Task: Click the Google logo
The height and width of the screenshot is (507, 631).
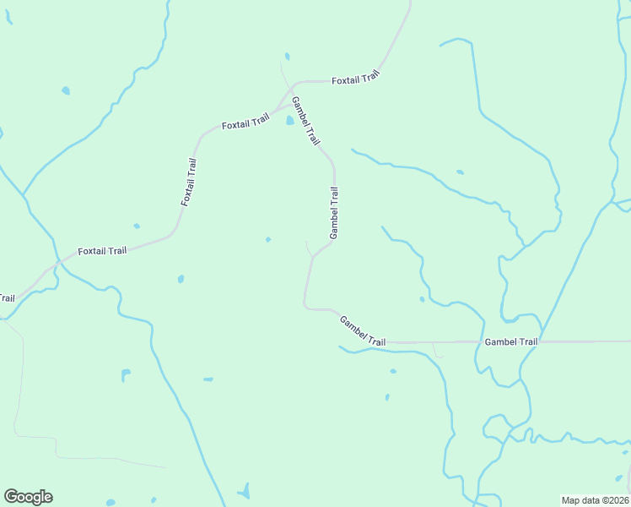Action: point(28,497)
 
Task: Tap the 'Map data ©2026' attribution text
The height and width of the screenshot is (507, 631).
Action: point(594,500)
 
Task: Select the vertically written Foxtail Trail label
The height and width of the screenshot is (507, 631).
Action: point(188,183)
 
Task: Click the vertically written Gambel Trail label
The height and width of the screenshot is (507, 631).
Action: point(335,211)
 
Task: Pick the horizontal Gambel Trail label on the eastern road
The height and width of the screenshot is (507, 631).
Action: point(511,342)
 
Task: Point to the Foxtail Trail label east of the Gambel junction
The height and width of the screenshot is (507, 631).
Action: point(356,79)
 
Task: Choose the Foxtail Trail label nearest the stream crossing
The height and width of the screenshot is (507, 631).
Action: point(102,251)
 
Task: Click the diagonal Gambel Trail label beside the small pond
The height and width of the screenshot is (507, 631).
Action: point(305,121)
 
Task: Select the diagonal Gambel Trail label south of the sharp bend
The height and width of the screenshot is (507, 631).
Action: point(363,330)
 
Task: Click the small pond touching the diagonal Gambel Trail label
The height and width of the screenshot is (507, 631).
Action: point(289,121)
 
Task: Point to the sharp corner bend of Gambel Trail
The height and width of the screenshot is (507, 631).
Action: point(305,307)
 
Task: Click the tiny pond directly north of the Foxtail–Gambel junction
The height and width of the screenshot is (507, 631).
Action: point(287,57)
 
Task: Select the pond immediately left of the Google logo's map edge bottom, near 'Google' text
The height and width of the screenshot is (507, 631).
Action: point(111,503)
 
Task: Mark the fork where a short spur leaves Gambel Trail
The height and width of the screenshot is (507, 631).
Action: point(313,256)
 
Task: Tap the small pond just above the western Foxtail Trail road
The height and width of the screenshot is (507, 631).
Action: point(137,226)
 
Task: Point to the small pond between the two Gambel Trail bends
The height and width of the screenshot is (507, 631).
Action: point(268,239)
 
